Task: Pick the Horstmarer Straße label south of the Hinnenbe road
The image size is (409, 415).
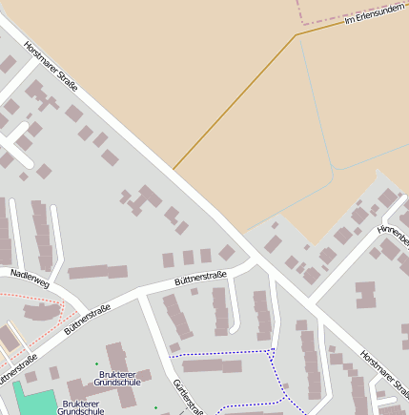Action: (383, 371)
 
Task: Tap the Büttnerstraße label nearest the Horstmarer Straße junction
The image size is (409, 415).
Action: (200, 279)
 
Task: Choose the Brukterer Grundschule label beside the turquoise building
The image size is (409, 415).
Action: (81, 408)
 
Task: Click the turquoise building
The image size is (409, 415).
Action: (33, 399)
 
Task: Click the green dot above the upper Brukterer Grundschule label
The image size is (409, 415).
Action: (96, 363)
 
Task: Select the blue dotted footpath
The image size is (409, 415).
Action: (229, 354)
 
